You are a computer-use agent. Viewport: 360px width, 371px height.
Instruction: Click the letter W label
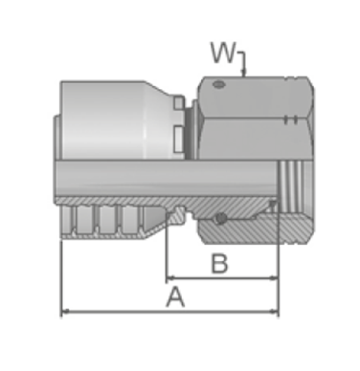(222, 53)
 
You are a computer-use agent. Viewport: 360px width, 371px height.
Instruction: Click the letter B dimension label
(220, 264)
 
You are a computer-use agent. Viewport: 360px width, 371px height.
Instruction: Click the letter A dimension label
(175, 296)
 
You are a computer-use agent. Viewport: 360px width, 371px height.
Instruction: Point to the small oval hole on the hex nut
(219, 85)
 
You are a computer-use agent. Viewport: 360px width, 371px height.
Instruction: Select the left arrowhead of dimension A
(65, 311)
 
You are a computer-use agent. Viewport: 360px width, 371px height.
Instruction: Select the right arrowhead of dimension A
(275, 311)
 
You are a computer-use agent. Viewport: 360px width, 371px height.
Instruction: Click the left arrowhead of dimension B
(170, 278)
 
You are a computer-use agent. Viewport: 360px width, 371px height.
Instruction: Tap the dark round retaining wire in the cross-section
(220, 219)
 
